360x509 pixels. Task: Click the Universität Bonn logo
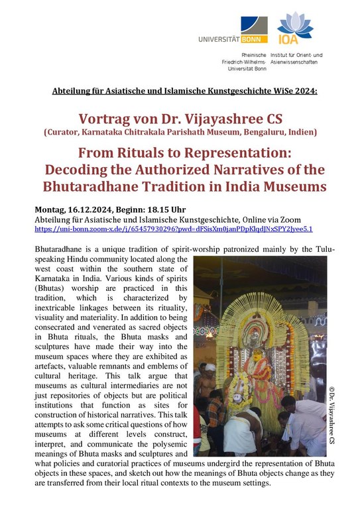tap(233, 30)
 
